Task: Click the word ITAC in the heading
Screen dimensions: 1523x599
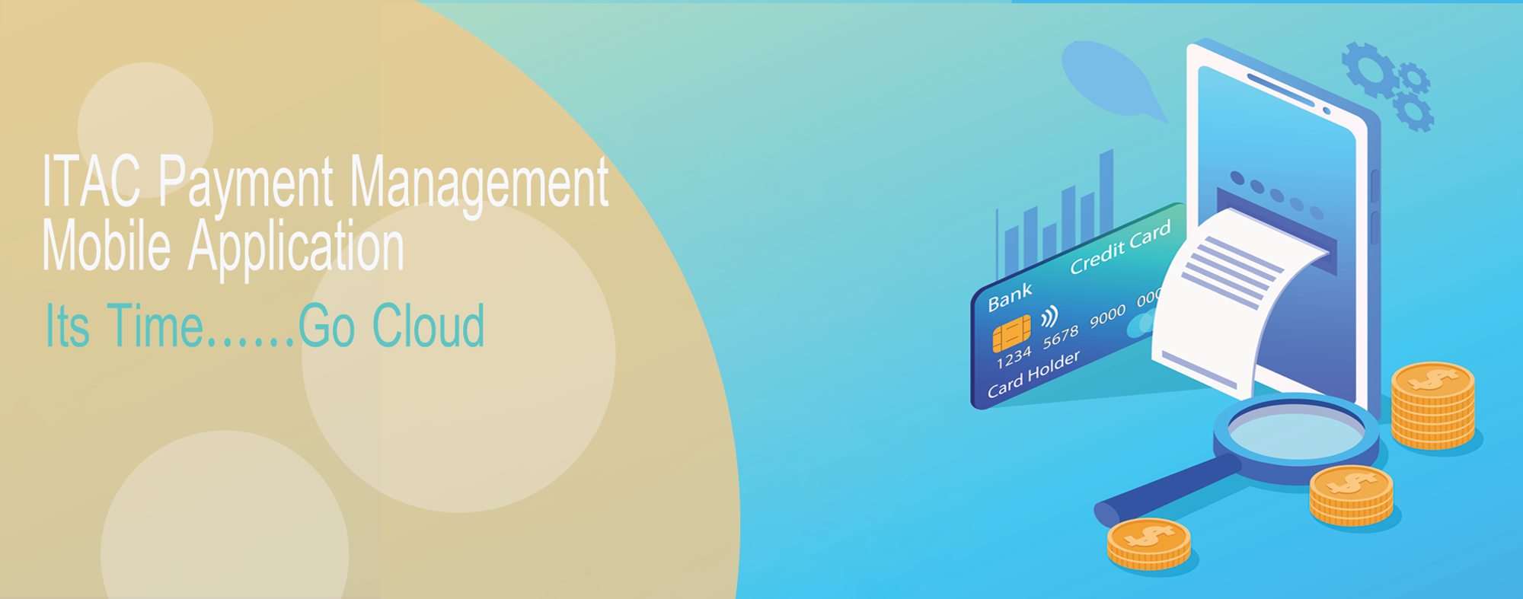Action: click(91, 180)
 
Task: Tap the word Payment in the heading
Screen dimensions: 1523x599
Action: click(246, 186)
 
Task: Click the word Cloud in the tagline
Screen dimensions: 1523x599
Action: click(428, 325)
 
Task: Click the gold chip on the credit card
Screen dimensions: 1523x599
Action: click(1011, 333)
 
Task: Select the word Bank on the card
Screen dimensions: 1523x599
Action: click(1010, 297)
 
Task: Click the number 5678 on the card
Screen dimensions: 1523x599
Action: click(1061, 336)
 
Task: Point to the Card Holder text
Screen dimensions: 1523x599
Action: click(1033, 374)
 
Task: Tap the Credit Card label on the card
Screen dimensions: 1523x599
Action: click(1120, 247)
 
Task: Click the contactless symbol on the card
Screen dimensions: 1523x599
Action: click(1049, 316)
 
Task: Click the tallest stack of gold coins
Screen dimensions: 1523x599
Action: click(1433, 406)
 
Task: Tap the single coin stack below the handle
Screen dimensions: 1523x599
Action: click(1148, 544)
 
